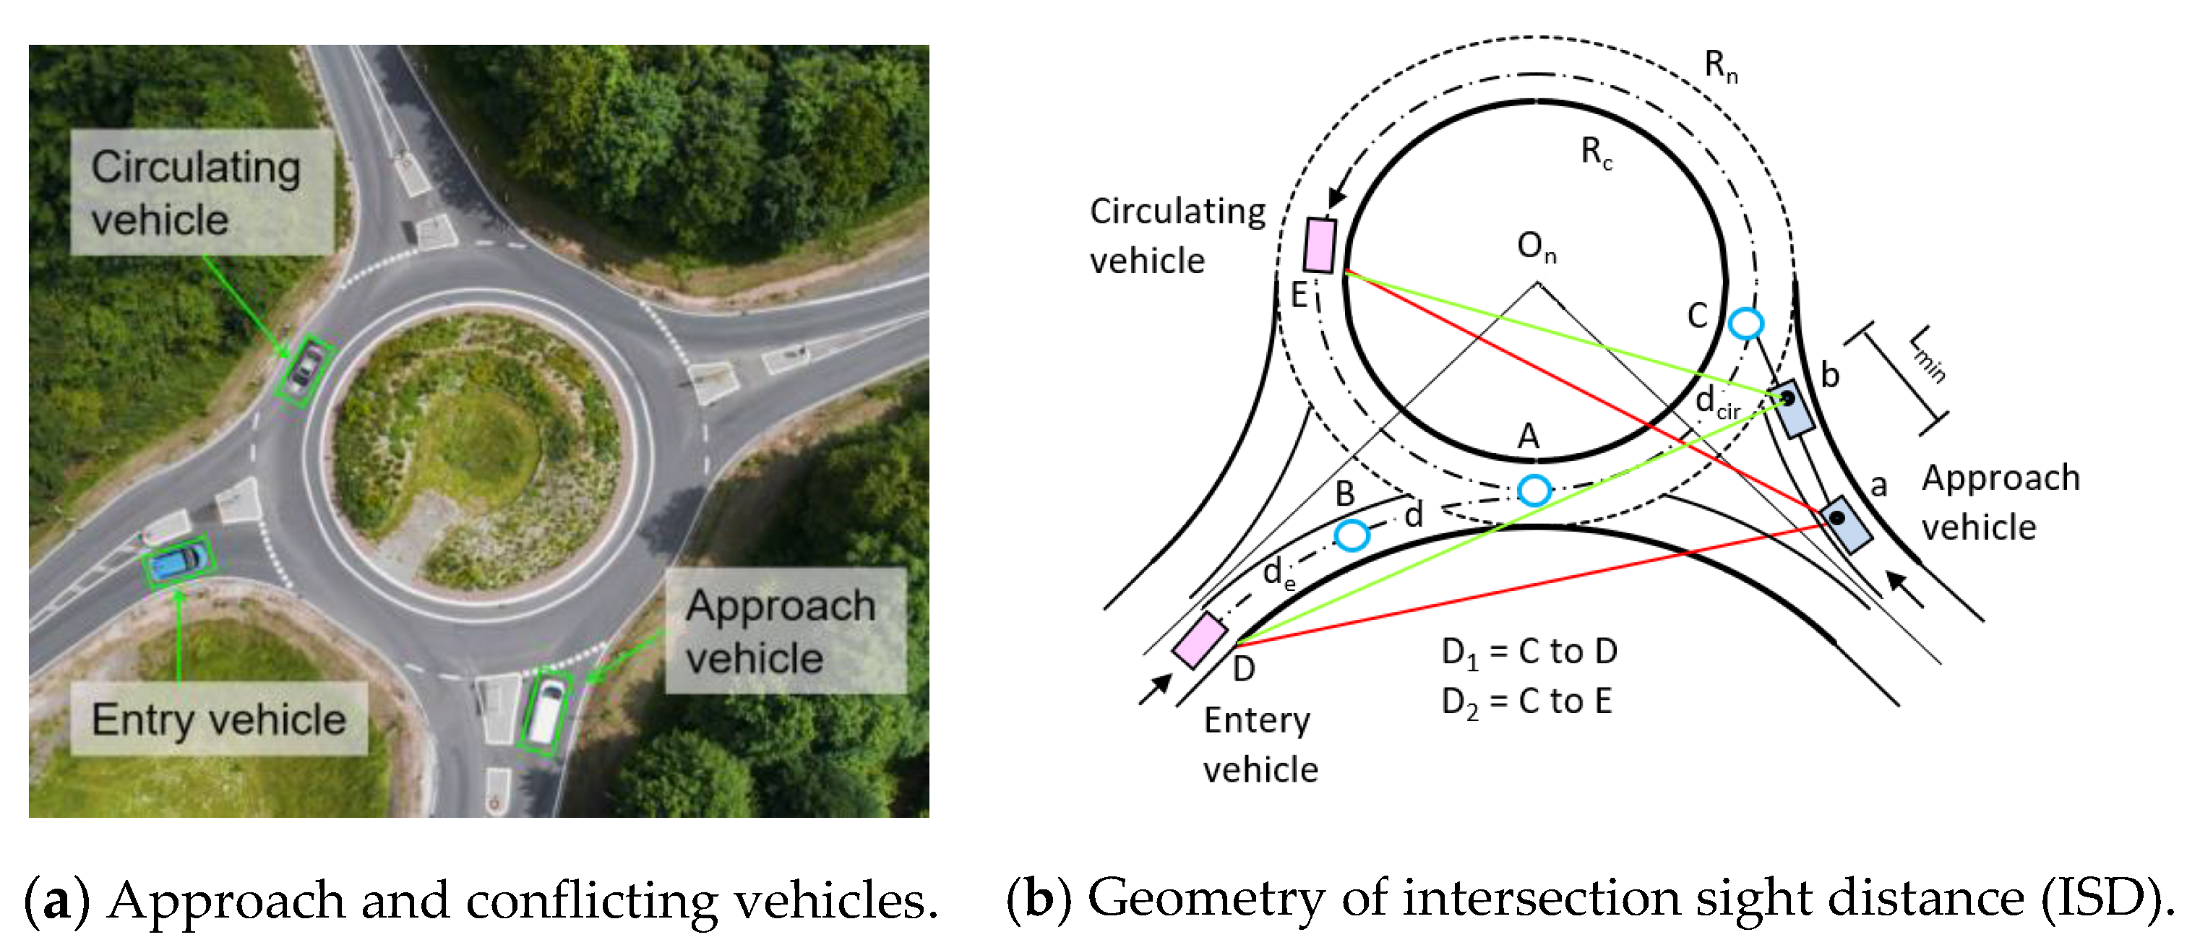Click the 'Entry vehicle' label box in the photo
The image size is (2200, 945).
[219, 719]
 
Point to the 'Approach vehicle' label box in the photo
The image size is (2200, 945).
[784, 631]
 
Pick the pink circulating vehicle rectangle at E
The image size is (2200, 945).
[1320, 245]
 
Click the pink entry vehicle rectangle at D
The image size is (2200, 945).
[1200, 639]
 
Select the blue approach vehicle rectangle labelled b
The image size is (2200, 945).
[1790, 408]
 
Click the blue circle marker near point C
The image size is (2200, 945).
[1745, 324]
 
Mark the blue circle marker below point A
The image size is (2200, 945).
[1534, 490]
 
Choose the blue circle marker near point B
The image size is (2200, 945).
[1352, 535]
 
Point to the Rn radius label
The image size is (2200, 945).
[1720, 66]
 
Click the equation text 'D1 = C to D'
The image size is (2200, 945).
[1529, 652]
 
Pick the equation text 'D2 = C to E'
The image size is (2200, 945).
[1526, 702]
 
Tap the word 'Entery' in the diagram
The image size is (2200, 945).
[1256, 721]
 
